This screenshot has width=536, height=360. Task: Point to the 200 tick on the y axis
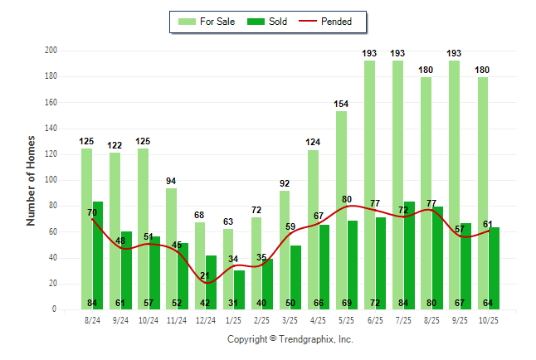51,51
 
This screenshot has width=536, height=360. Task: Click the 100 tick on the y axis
51,180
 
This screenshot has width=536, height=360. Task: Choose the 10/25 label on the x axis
489,320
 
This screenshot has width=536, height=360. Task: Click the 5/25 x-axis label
347,320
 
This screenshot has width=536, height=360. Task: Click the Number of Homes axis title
31,180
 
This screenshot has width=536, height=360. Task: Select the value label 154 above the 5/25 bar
341,104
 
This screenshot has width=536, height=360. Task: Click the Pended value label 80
347,199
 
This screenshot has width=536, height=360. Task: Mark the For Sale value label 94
171,181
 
